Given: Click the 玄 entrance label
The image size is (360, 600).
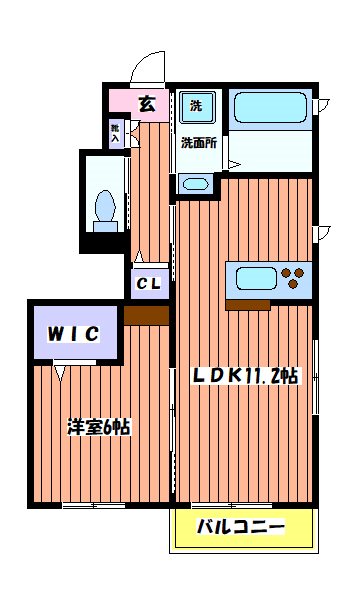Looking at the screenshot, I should tap(146, 102).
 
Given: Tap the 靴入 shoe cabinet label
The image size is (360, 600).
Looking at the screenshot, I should tap(115, 133).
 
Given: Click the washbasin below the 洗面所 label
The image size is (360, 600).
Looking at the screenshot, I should tap(195, 183).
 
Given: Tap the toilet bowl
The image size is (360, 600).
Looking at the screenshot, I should tap(104, 208).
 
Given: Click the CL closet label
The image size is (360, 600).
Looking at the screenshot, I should tap(149, 284).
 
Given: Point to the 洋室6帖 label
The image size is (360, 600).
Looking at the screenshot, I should tap(97, 425).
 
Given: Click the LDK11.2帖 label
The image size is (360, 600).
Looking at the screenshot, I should tap(244, 375).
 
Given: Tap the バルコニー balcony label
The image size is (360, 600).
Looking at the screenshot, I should tap(240, 527).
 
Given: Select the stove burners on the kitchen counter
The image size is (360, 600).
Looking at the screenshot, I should tap(295, 273).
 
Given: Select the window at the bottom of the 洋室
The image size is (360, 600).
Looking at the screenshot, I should tap(93, 505).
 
